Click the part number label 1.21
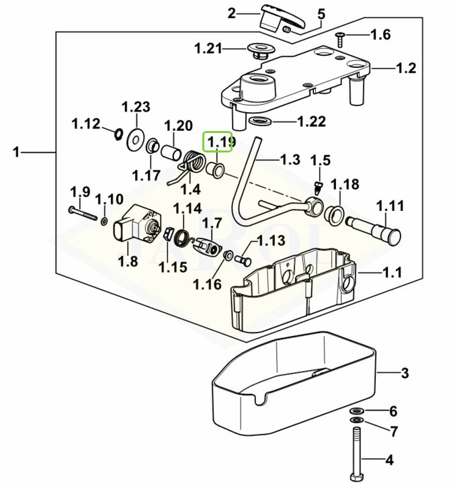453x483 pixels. pyautogui.click(x=208, y=48)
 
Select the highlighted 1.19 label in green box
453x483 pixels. pyautogui.click(x=219, y=142)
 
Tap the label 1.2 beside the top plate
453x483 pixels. pyautogui.click(x=406, y=68)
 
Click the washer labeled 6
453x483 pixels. pyautogui.click(x=355, y=410)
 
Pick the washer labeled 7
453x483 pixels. pyautogui.click(x=355, y=421)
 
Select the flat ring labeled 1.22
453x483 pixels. pyautogui.click(x=259, y=122)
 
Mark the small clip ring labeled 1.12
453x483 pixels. pyautogui.click(x=118, y=132)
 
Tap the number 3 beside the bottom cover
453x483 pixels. pyautogui.click(x=405, y=373)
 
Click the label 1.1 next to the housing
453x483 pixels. pyautogui.click(x=392, y=273)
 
